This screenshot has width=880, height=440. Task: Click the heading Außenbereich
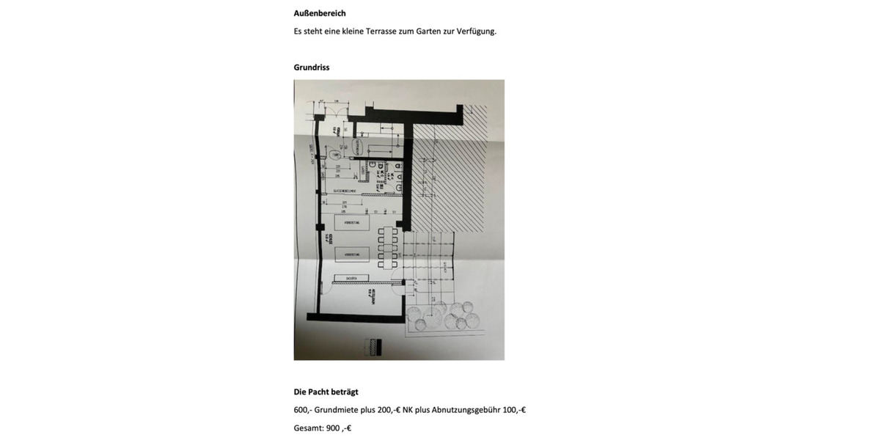320,13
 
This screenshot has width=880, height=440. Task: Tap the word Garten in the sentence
428,32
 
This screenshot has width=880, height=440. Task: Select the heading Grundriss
312,67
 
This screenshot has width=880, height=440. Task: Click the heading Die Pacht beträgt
326,392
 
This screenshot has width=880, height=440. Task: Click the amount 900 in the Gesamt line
333,428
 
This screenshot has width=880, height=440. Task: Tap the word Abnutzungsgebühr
466,410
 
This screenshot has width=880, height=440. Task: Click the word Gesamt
307,428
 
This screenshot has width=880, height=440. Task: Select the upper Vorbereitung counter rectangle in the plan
351,222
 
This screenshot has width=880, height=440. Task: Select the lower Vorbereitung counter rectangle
351,254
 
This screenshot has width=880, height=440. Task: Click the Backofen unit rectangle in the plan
351,279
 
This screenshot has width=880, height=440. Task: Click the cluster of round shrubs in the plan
444,318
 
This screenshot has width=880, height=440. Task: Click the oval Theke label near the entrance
334,155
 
